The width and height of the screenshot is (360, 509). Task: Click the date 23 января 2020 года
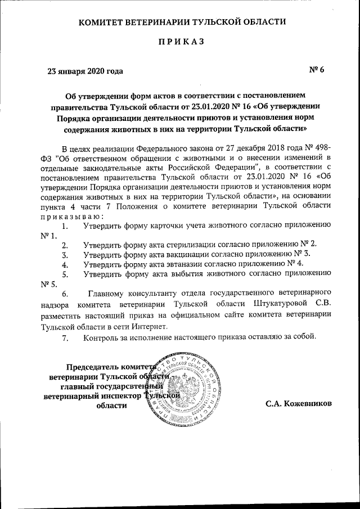[84, 71]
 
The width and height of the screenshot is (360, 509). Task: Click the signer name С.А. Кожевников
[299, 404]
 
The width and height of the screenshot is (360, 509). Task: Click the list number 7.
[65, 337]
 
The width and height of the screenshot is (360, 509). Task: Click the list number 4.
[65, 263]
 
